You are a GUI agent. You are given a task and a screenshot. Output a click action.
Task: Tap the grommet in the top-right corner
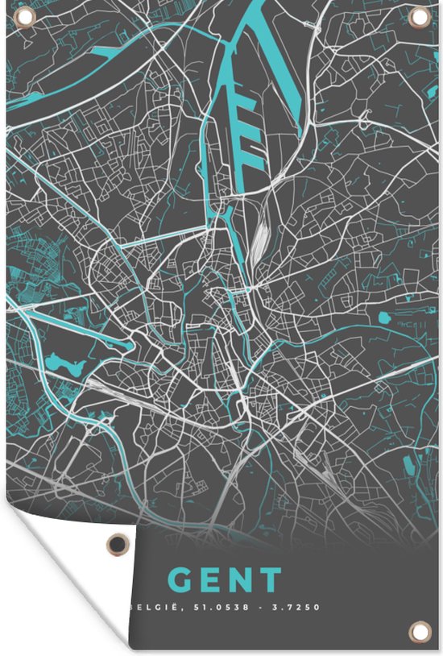coord(419,17)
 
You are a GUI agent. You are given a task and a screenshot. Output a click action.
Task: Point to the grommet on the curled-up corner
coord(118,545)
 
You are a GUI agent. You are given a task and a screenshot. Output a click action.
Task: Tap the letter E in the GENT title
coord(212,580)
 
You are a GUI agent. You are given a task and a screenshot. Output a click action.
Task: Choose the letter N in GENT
coord(242,580)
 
